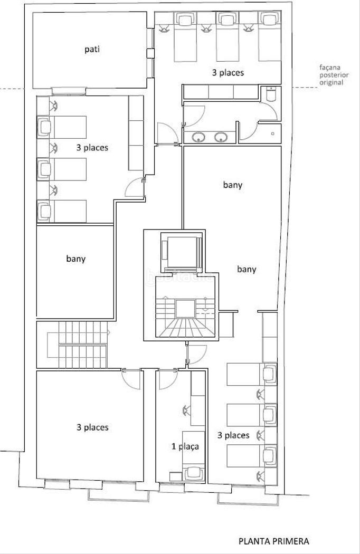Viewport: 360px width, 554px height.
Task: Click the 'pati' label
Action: pyautogui.click(x=92, y=49)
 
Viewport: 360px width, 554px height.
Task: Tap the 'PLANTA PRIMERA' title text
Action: pyautogui.click(x=274, y=541)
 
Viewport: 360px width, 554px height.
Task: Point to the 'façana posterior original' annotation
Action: pyautogui.click(x=334, y=75)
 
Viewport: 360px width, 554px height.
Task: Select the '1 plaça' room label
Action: pyautogui.click(x=185, y=446)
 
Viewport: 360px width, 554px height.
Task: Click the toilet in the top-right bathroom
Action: pyautogui.click(x=271, y=93)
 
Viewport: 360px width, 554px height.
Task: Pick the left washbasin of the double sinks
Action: pyautogui.click(x=199, y=137)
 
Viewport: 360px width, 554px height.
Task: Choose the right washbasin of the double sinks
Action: pyautogui.click(x=221, y=137)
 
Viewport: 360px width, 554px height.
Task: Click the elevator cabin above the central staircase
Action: pyautogui.click(x=181, y=252)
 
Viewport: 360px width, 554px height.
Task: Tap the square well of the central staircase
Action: pyautogui.click(x=185, y=309)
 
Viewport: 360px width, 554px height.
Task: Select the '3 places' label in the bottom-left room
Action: pyautogui.click(x=92, y=427)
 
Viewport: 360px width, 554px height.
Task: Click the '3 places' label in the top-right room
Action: pyautogui.click(x=228, y=73)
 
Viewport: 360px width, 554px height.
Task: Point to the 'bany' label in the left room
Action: pyautogui.click(x=75, y=259)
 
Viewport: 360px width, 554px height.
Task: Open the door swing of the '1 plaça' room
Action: pyautogui.click(x=168, y=379)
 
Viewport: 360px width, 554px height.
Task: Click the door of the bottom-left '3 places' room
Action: pyautogui.click(x=131, y=379)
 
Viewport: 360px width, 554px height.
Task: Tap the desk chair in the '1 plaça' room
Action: pyautogui.click(x=186, y=410)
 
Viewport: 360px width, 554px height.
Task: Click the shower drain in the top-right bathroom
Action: pyautogui.click(x=273, y=133)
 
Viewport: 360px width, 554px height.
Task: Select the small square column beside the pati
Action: pyautogui.click(x=150, y=53)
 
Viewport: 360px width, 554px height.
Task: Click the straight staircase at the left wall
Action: pyautogui.click(x=77, y=345)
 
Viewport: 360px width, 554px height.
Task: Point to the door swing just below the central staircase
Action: pyautogui.click(x=196, y=354)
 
